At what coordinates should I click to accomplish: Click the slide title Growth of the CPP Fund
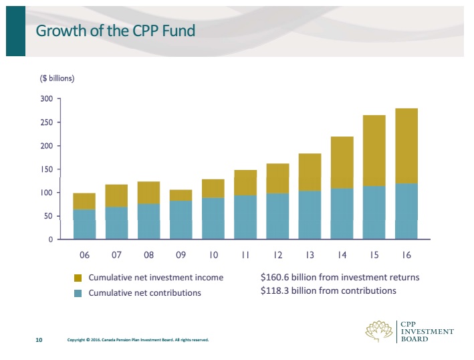(x=115, y=31)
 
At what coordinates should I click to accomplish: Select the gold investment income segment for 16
(x=406, y=146)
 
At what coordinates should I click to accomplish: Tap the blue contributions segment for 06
(x=84, y=224)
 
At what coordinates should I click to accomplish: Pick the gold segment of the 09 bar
(x=181, y=195)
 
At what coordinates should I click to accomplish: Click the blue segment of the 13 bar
(x=310, y=215)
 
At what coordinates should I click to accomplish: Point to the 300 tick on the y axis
(x=46, y=99)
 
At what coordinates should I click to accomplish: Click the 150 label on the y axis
(x=46, y=169)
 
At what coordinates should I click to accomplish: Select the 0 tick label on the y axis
(x=49, y=240)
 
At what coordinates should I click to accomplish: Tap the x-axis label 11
(x=245, y=255)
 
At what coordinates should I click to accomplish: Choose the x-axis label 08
(x=148, y=255)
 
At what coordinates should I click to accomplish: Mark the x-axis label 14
(x=342, y=255)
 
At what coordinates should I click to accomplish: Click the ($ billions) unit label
(x=57, y=78)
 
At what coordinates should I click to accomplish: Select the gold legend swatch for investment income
(x=78, y=278)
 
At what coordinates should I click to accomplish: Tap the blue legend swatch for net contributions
(x=78, y=293)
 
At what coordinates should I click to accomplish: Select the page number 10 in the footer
(x=39, y=340)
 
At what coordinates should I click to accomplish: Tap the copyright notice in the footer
(x=138, y=340)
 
